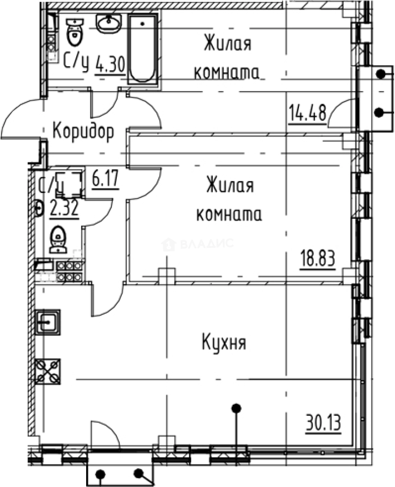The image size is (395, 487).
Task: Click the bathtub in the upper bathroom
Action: pos(143,49)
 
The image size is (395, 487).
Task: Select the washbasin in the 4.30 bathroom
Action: pos(109,23)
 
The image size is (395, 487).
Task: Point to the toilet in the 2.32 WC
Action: pos(58,239)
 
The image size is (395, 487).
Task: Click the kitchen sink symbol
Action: pos(48,322)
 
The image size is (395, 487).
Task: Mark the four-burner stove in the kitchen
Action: pos(48,372)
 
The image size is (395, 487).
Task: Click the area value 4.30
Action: pos(110,66)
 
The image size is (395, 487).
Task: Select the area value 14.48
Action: pos(306,111)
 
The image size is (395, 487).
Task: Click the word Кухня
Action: pos(224,343)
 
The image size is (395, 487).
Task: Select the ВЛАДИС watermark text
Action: pos(207,245)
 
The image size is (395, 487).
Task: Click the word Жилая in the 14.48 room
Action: pos(227,46)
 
